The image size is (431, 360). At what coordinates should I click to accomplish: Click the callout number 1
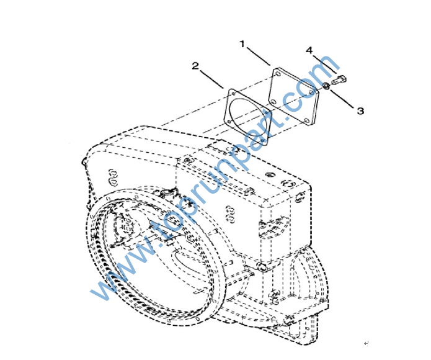pos(242,44)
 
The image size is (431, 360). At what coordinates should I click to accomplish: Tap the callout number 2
pos(195,66)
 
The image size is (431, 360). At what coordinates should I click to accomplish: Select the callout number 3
pos(360,111)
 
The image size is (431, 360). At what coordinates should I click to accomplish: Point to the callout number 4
pos(309,50)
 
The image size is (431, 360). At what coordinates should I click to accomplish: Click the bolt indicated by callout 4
pos(339,80)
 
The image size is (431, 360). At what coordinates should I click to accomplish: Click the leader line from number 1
pos(259,56)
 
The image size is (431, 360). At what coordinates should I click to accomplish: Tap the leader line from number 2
pos(211,79)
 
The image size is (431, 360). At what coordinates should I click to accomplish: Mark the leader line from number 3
pos(342,99)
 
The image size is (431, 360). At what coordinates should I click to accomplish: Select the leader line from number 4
pos(324,64)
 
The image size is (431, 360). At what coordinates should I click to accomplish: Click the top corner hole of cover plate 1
pos(278,74)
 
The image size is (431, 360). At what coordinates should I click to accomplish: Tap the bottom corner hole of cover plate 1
pos(307,120)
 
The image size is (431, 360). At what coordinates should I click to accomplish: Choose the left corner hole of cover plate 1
pos(273,102)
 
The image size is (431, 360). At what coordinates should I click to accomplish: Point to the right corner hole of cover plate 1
pos(311,92)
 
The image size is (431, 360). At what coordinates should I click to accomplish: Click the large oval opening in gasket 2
pos(246,115)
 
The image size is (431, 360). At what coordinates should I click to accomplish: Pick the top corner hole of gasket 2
pos(233,93)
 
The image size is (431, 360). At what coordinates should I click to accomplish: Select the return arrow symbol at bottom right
pos(366,343)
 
